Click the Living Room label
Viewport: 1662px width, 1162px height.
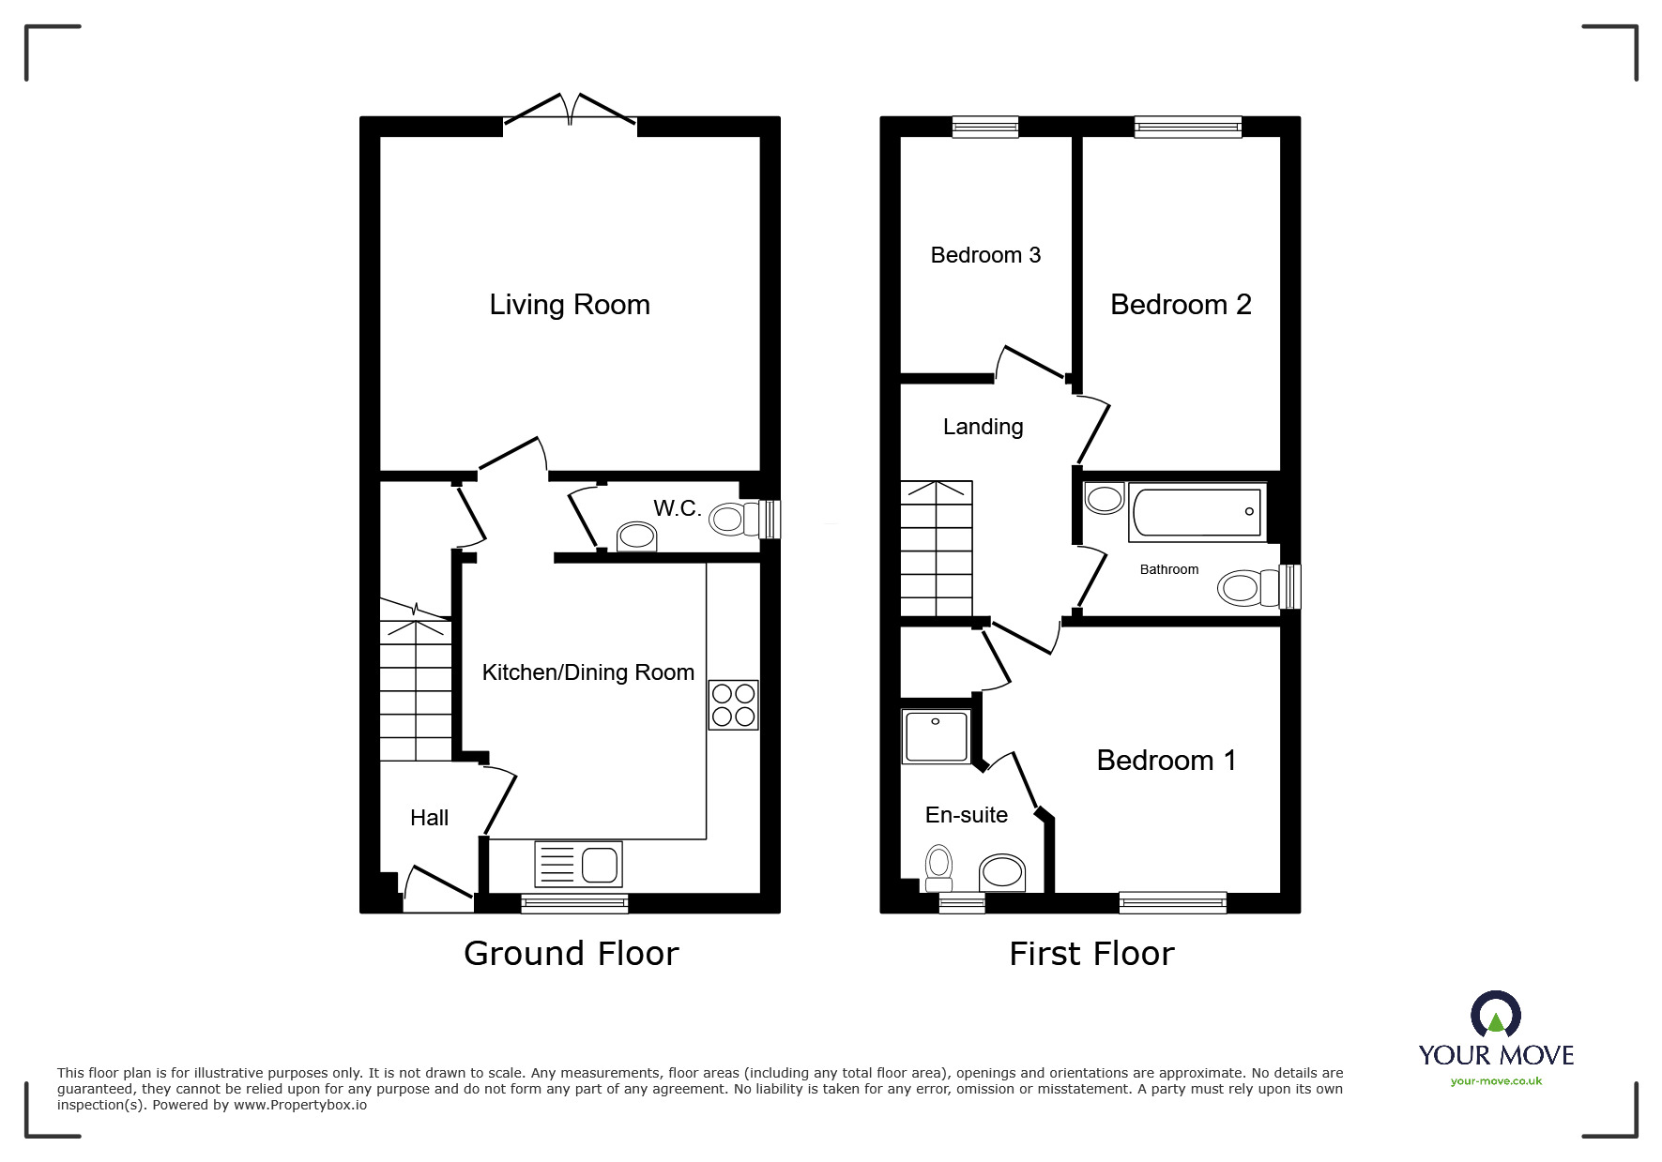click(570, 305)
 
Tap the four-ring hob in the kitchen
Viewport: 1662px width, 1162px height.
click(733, 705)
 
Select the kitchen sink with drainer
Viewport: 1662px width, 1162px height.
click(578, 864)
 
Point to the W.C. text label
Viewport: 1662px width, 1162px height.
click(677, 508)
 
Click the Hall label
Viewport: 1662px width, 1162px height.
click(429, 818)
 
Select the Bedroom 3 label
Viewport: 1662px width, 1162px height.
click(985, 255)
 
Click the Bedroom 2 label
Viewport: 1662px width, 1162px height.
click(1181, 305)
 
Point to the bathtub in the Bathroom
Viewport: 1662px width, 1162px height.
click(1197, 512)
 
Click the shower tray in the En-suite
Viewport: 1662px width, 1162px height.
click(936, 736)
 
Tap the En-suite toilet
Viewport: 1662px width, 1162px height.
click(938, 868)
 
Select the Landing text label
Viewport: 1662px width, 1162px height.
click(983, 427)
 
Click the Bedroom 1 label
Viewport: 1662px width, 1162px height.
click(1166, 761)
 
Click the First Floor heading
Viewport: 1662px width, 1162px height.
click(1091, 954)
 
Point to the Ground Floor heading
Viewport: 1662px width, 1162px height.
click(571, 954)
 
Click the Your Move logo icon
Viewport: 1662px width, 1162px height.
click(1495, 1015)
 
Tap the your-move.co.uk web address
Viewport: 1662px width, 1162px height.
click(1496, 1081)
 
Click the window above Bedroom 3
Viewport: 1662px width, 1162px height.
click(984, 127)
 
